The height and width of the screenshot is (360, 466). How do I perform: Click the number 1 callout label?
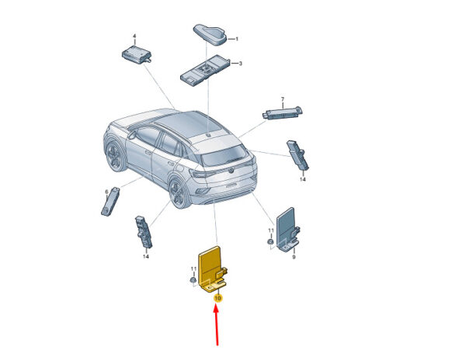pos(237,39)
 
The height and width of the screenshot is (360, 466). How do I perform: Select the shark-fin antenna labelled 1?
pos(210,35)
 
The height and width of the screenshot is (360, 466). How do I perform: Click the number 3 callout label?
pos(241,63)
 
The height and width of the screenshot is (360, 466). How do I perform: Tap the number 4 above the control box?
pos(134,36)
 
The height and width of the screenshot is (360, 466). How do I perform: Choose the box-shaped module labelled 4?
pos(137,54)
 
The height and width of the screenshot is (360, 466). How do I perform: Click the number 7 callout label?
pos(283,99)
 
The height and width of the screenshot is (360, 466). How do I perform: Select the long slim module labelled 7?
pos(283,112)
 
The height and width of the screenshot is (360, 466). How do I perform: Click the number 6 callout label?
pos(107,192)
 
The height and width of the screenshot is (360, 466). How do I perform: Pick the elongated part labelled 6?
pos(110,201)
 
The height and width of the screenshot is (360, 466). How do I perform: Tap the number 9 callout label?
pos(294,257)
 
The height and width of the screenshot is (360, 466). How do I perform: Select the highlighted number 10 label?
pos(218,298)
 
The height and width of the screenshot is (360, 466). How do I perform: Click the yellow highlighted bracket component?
pos(212,269)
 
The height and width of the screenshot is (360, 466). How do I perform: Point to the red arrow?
pos(217,325)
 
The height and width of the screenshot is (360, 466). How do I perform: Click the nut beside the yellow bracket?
pos(193,280)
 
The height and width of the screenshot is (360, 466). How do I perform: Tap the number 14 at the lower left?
pos(146,256)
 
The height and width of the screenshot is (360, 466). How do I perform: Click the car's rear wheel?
pos(179,193)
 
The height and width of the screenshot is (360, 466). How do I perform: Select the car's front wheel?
pos(114,155)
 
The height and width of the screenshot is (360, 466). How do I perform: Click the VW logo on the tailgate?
pos(231,171)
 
